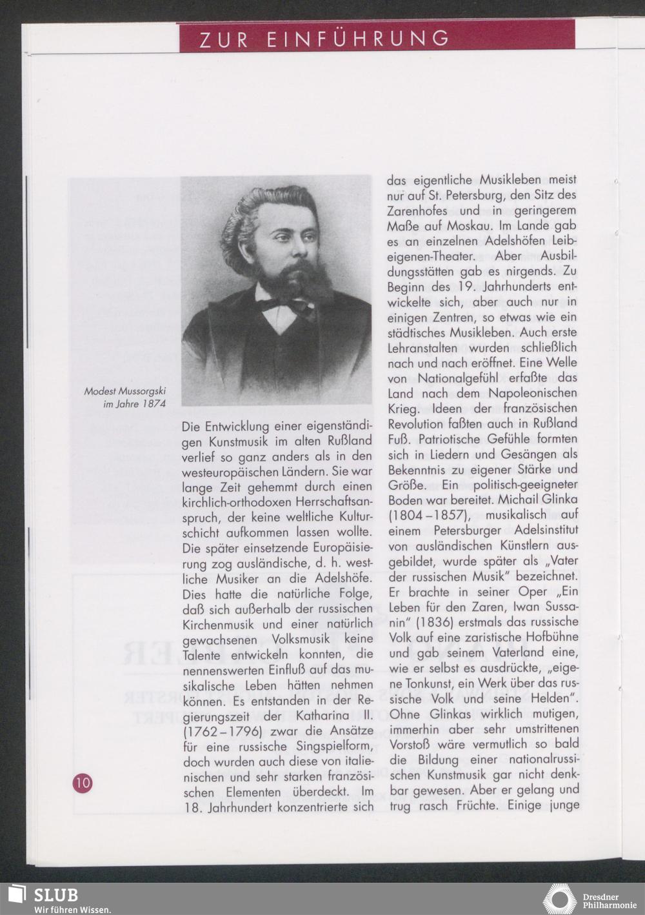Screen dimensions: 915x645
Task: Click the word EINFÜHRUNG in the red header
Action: (x=359, y=39)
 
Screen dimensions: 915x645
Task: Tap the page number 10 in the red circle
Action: (x=83, y=783)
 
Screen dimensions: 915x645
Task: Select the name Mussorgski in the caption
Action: (x=143, y=391)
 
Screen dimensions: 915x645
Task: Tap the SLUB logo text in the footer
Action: (x=55, y=895)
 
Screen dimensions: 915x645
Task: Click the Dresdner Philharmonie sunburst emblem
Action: (x=559, y=899)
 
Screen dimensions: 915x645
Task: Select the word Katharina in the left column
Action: (x=322, y=716)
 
